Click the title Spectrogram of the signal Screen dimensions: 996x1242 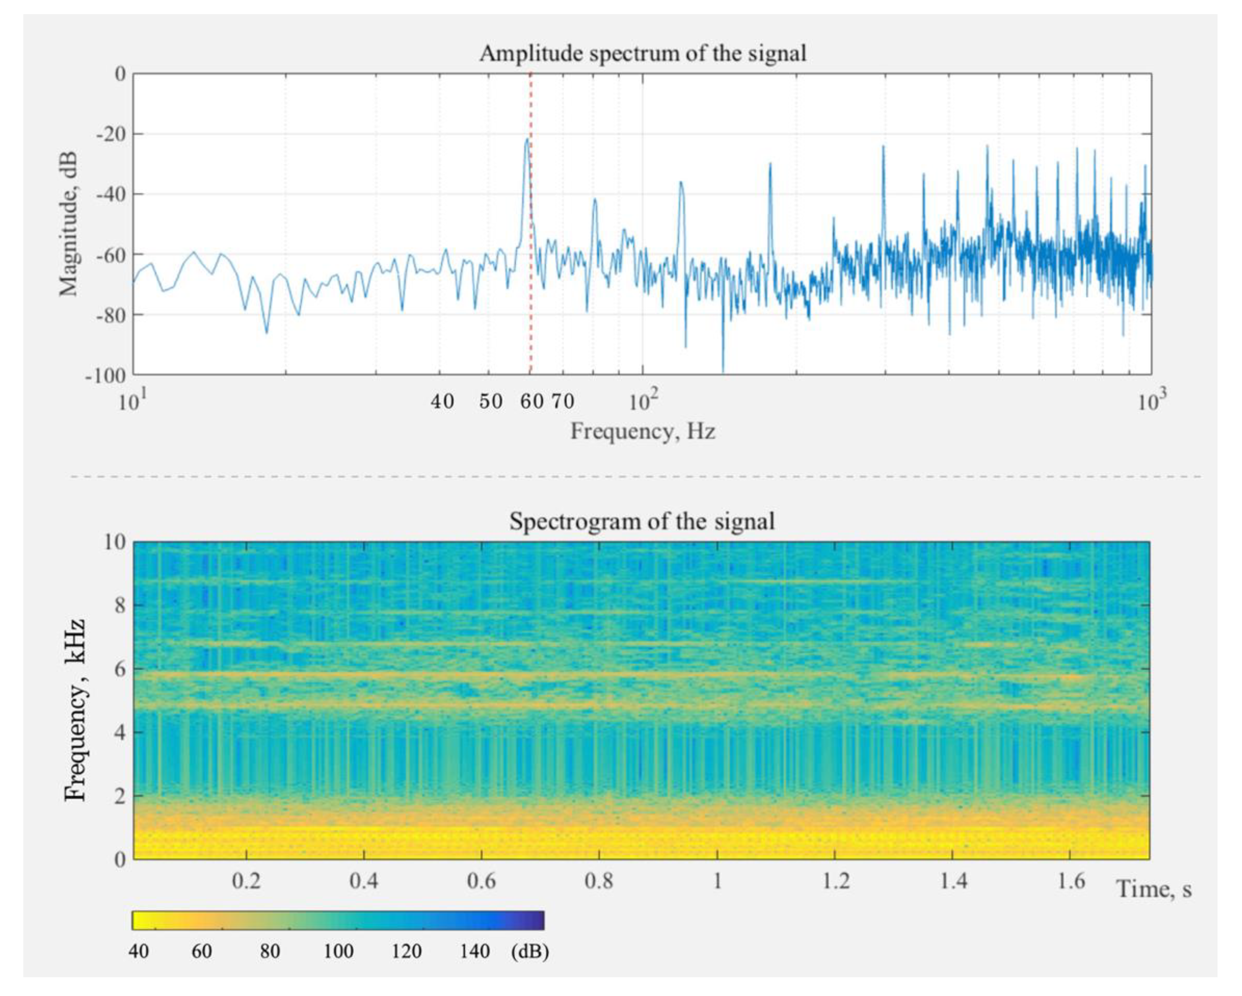(642, 522)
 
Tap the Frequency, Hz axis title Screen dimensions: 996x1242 (642, 431)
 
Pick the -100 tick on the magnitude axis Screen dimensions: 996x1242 (107, 376)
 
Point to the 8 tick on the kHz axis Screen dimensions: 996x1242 (120, 605)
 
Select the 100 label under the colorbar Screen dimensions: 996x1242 (338, 951)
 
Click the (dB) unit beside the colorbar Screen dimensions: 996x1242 (529, 951)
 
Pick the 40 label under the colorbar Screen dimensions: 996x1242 (138, 951)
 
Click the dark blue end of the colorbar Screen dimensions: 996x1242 (536, 920)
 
